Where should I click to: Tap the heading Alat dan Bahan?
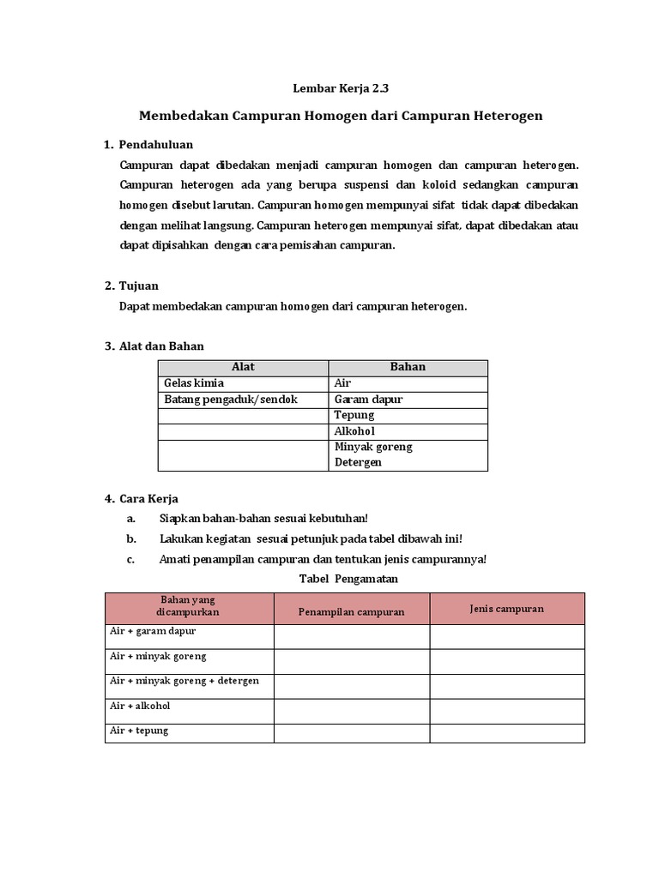(x=161, y=346)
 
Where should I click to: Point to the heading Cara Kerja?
(x=148, y=498)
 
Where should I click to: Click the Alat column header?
(x=243, y=367)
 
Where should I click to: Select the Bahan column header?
(x=408, y=367)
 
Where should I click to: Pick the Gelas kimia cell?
(x=193, y=383)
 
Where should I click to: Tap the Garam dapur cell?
(x=368, y=400)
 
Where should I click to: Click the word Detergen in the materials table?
(x=358, y=462)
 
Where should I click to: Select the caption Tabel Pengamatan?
(x=348, y=579)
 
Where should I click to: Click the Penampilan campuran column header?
(x=351, y=611)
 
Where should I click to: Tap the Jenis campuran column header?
(x=507, y=608)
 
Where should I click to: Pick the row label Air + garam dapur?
(x=154, y=631)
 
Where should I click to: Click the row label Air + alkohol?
(x=141, y=706)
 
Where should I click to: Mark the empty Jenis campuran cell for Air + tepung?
(x=507, y=733)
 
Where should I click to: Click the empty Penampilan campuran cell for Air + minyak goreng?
(x=351, y=661)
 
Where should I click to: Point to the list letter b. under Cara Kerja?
(x=131, y=538)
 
